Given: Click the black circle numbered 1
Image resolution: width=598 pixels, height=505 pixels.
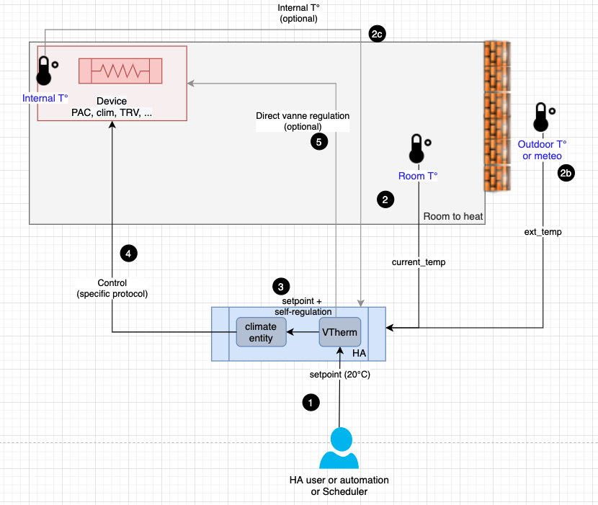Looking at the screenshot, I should [x=311, y=403].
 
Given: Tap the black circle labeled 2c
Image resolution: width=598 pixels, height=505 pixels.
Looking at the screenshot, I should [x=377, y=34].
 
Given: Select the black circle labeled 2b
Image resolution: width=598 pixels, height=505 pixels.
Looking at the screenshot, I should [x=566, y=173].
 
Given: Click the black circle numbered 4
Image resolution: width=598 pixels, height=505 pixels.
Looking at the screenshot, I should [x=128, y=253].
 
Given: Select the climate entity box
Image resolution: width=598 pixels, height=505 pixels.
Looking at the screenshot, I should [x=261, y=332].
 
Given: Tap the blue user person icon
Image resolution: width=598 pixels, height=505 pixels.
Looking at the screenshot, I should [x=339, y=450].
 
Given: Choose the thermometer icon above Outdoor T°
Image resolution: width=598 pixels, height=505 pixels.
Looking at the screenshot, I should [x=542, y=118].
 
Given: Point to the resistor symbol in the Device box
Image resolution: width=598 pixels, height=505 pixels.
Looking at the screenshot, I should [x=120, y=71].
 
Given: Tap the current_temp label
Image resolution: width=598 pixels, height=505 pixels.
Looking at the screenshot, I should [x=419, y=262].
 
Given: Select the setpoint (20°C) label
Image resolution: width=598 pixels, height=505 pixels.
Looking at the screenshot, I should [x=339, y=375].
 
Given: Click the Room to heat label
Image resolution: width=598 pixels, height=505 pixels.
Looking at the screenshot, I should [x=452, y=216].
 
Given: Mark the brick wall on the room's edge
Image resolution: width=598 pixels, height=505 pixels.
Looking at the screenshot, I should [x=497, y=115].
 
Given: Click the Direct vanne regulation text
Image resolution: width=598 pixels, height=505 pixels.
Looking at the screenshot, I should [x=303, y=115].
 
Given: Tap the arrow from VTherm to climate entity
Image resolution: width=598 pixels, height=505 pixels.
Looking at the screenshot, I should [x=303, y=332].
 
